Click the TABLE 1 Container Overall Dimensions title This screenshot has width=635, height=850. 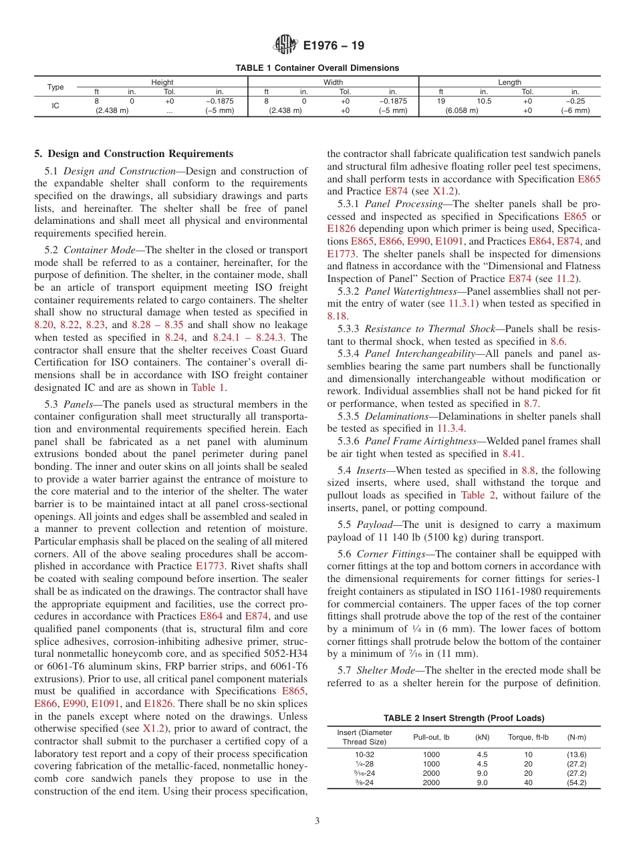[317, 67]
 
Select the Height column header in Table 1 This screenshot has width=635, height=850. [162, 82]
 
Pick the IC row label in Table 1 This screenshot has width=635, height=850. [55, 106]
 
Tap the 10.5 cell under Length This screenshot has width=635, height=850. [483, 101]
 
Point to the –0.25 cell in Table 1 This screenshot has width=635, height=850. [575, 101]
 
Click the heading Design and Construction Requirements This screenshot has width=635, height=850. [134, 154]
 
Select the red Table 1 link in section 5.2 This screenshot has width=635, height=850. [208, 388]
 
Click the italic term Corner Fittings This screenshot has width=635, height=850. [390, 553]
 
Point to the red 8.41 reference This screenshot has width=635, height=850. [513, 453]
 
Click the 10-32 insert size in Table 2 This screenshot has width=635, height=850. [356, 754]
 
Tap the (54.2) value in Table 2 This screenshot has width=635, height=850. [576, 783]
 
